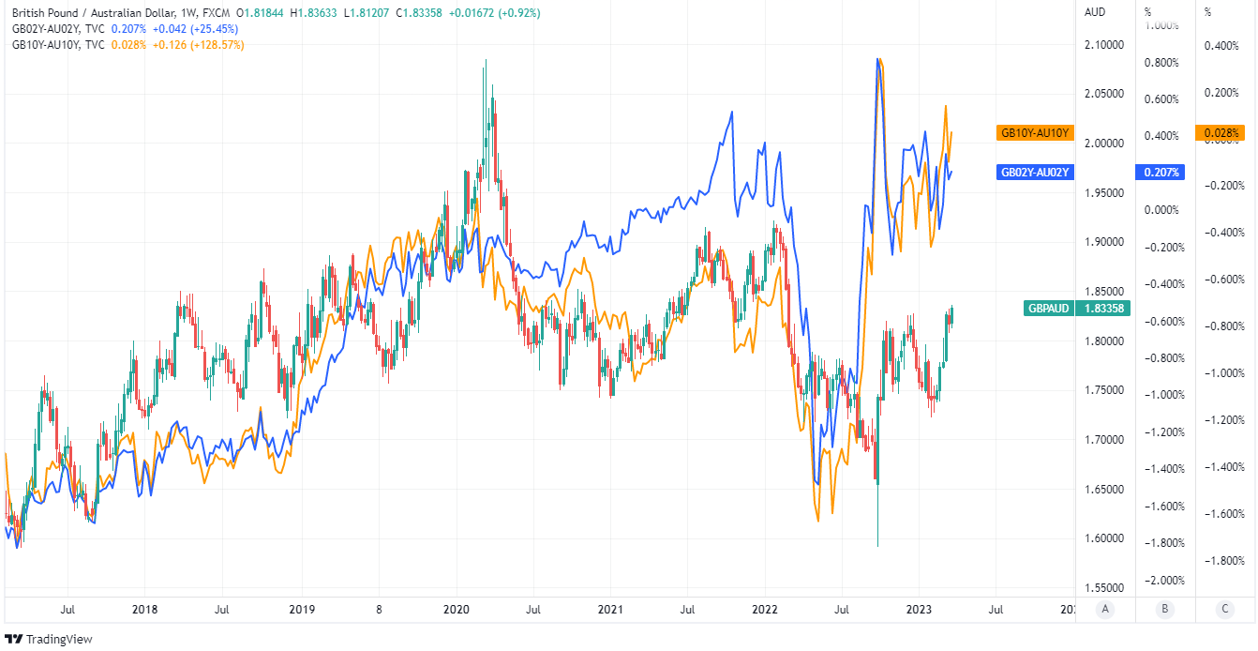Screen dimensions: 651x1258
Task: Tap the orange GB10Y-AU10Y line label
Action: click(x=1034, y=133)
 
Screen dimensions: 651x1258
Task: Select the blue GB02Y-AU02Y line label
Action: click(x=1034, y=173)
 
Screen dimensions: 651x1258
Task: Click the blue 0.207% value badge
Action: click(x=1161, y=173)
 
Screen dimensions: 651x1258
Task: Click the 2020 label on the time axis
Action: click(x=457, y=609)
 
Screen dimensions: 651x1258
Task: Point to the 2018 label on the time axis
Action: click(x=144, y=609)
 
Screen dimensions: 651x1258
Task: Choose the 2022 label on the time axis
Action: click(x=767, y=609)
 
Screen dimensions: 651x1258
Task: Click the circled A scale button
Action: click(x=1105, y=609)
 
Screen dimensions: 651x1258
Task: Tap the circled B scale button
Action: click(x=1165, y=609)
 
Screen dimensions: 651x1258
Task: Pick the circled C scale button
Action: click(x=1225, y=609)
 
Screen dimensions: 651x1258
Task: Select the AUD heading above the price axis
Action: click(x=1095, y=13)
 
